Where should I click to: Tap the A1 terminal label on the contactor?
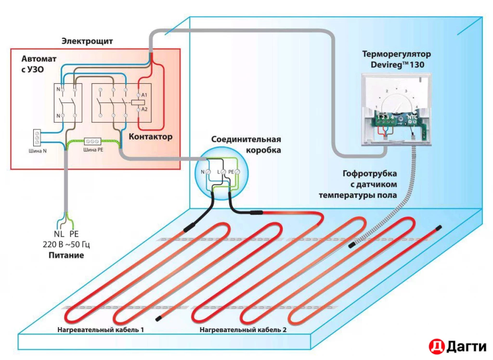click(143, 95)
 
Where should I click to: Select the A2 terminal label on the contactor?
click(143, 110)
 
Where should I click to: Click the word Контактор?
click(150, 137)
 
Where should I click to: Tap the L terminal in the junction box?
click(223, 172)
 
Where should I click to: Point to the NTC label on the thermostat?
click(412, 117)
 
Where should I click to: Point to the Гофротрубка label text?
click(370, 174)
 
